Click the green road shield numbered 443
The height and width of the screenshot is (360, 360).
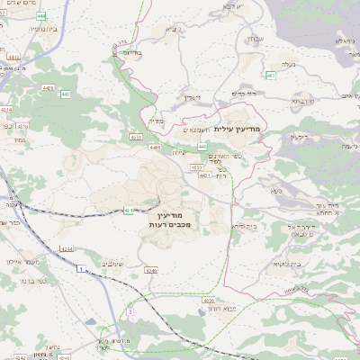(x=202, y=145)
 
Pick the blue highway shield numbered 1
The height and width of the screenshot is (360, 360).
(x=80, y=269)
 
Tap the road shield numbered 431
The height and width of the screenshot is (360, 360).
(x=128, y=210)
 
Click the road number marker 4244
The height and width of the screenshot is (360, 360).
(x=66, y=248)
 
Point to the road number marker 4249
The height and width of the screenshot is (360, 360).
(x=125, y=270)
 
